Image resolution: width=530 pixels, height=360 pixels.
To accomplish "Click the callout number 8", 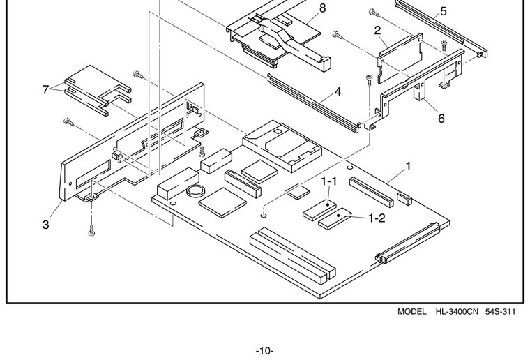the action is point(322,8).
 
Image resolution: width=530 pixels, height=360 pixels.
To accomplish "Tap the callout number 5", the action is point(444,11).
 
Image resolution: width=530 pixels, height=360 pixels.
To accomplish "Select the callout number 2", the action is point(377,31).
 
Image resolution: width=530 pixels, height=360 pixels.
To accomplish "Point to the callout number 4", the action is point(338,91).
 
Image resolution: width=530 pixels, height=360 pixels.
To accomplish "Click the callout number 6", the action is point(441,119).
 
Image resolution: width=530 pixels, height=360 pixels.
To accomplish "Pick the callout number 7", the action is point(45,89).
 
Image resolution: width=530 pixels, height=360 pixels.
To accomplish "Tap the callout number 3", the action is point(45,225).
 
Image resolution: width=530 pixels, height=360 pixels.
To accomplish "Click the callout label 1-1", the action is point(329,181).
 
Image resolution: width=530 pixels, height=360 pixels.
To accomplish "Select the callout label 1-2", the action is point(377,218).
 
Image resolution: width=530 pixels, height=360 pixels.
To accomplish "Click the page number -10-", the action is point(265,351).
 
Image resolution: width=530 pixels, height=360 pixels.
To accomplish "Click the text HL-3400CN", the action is point(457,312).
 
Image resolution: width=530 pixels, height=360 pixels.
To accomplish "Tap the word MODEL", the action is point(411,312).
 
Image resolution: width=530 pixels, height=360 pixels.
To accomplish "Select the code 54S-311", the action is point(500,312).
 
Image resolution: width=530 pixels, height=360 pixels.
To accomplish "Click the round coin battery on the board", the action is point(196,192).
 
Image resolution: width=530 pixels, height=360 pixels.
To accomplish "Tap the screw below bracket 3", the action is point(91,230).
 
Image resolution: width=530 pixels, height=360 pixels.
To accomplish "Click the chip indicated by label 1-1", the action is point(319,210).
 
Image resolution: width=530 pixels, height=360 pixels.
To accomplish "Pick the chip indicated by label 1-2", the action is point(335,218).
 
